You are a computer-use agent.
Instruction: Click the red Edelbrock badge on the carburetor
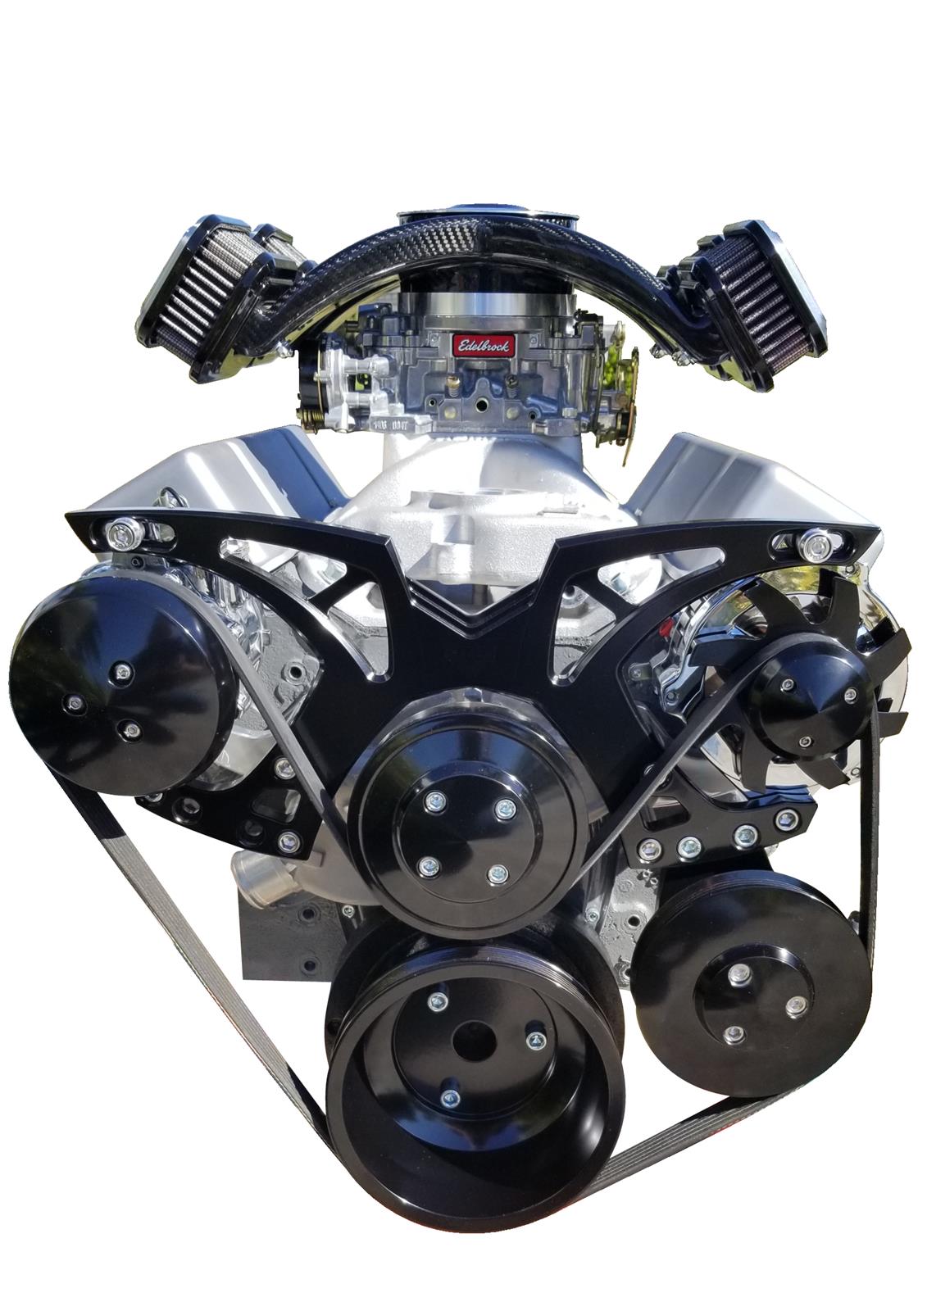pos(484,344)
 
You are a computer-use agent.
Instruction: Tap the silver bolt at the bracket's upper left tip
pos(120,529)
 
